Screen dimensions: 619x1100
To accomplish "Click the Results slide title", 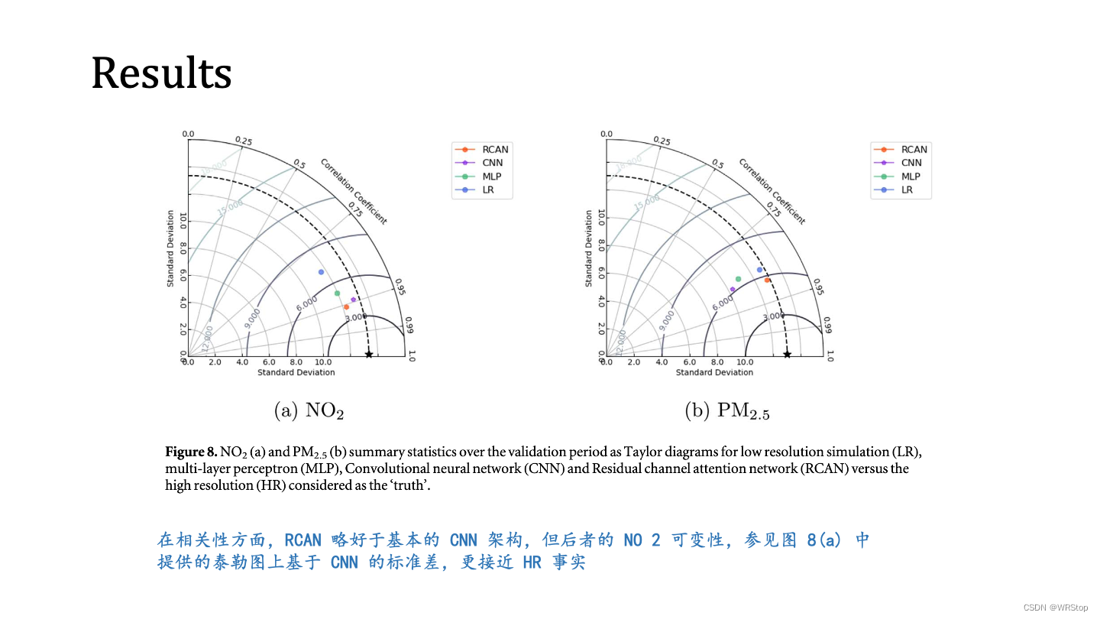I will [x=161, y=74].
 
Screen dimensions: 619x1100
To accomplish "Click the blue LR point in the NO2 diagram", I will [x=321, y=272].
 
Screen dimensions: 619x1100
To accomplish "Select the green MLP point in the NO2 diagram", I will [x=337, y=293].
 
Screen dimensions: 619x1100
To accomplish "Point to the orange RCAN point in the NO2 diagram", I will [x=346, y=307].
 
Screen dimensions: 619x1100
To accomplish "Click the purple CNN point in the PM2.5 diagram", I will [x=733, y=290].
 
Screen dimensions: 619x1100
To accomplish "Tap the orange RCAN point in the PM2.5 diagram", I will [x=767, y=280].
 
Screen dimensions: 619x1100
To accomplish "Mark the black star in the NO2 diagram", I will [x=369, y=354].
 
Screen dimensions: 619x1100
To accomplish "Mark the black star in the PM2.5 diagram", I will [x=787, y=354].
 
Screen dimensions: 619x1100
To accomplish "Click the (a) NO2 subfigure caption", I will [x=309, y=411].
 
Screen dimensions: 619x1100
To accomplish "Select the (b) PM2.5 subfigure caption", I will [x=727, y=412].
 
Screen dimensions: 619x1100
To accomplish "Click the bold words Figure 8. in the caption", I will [x=191, y=450].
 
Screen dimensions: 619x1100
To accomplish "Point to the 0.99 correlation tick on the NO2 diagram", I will [x=409, y=326].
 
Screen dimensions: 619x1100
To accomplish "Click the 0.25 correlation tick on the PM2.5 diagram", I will [x=662, y=141].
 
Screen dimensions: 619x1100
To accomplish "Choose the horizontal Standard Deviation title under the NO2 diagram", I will [x=296, y=373].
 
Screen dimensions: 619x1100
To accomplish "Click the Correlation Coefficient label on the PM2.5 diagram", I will [x=772, y=191].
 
